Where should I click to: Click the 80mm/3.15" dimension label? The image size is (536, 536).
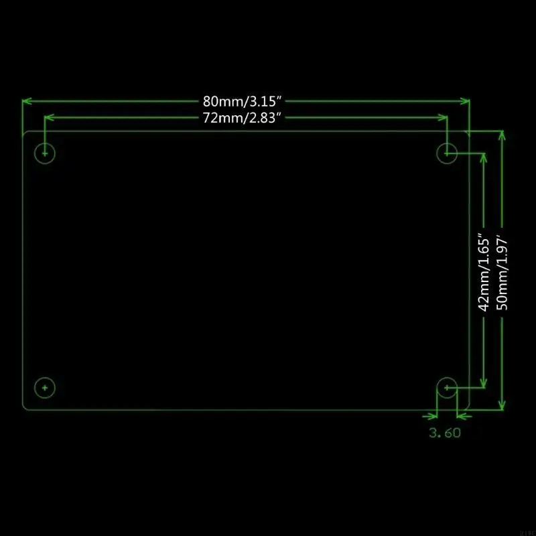[242, 101]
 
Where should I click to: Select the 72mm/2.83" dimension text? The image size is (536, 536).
[242, 118]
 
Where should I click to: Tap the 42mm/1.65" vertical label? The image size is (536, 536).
[484, 273]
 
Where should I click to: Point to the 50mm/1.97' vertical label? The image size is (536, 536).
[502, 273]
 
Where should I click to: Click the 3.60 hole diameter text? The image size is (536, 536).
[445, 433]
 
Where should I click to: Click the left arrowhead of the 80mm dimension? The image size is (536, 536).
[27, 101]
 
